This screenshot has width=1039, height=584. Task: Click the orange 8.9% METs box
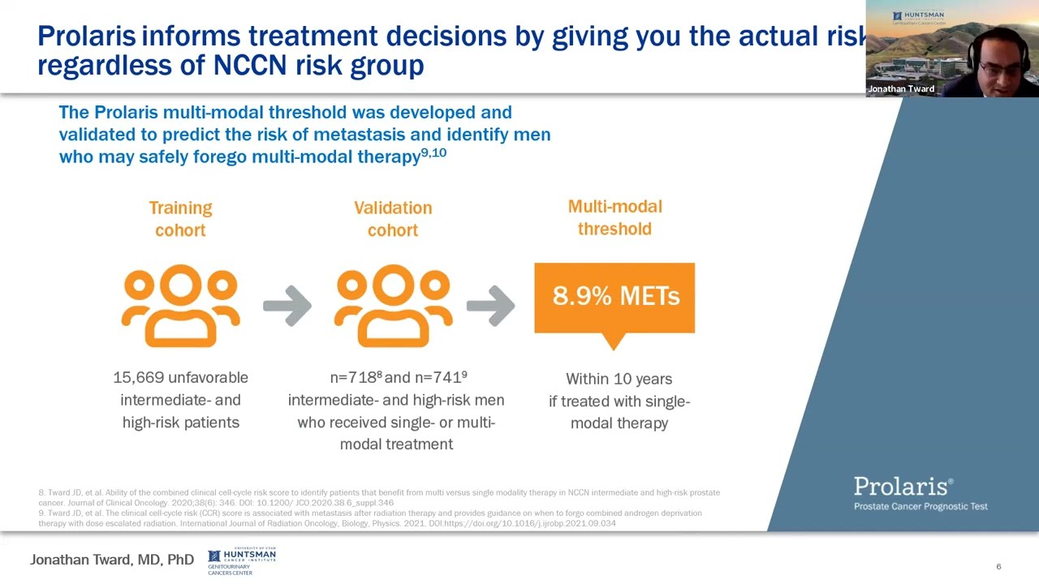[614, 298]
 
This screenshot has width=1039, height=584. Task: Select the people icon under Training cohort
[180, 306]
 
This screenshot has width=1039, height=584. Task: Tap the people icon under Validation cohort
[393, 306]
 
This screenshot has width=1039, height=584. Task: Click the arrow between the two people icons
[287, 306]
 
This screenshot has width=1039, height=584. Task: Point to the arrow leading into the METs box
[490, 306]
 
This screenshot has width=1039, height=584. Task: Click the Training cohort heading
[180, 219]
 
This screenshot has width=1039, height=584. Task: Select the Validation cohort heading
[393, 219]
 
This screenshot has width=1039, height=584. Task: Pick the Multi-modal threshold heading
[614, 217]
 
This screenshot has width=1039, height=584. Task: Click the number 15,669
[140, 378]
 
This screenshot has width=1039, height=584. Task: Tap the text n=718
[354, 378]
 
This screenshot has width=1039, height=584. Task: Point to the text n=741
[439, 378]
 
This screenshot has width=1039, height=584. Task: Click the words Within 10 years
[619, 379]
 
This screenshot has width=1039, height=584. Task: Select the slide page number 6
[998, 566]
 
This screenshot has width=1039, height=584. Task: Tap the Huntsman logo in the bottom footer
[241, 560]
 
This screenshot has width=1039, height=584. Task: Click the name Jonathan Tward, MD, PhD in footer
[112, 560]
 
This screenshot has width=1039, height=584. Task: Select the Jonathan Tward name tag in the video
[901, 88]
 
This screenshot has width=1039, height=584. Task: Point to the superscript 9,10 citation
[433, 152]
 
